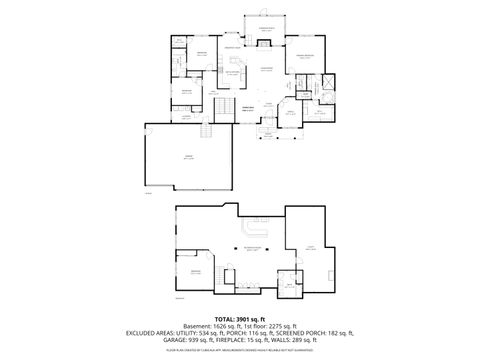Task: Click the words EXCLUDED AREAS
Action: click(148, 332)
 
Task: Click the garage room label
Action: click(187, 157)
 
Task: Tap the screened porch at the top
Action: click(266, 31)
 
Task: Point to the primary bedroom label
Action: click(304, 56)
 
